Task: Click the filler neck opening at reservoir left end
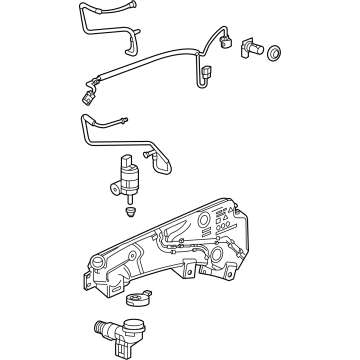[x=97, y=265]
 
